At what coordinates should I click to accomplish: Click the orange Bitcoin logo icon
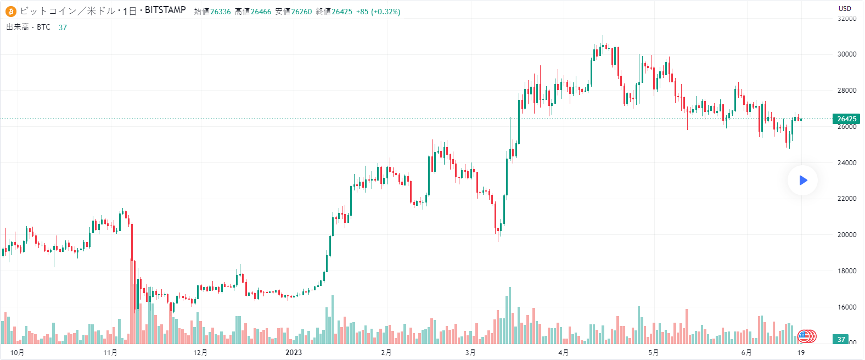(x=11, y=11)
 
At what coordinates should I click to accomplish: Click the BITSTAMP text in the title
(x=165, y=10)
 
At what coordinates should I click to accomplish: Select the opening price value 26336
(x=221, y=12)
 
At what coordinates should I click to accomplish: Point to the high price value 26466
(x=261, y=12)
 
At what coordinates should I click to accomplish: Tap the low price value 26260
(x=301, y=12)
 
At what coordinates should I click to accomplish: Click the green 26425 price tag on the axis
(x=846, y=119)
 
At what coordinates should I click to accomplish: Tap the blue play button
(x=802, y=180)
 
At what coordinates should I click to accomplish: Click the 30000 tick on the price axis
(x=847, y=54)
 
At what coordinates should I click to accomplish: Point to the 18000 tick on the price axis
(x=847, y=271)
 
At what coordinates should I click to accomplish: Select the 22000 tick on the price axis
(x=847, y=199)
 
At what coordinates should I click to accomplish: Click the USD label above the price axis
(x=845, y=8)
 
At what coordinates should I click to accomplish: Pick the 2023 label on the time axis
(x=294, y=352)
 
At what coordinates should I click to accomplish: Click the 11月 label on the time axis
(x=110, y=352)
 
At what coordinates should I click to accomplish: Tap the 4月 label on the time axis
(x=563, y=352)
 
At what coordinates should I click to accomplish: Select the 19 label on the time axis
(x=801, y=352)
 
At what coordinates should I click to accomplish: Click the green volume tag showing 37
(x=841, y=340)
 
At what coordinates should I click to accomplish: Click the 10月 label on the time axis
(x=18, y=352)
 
